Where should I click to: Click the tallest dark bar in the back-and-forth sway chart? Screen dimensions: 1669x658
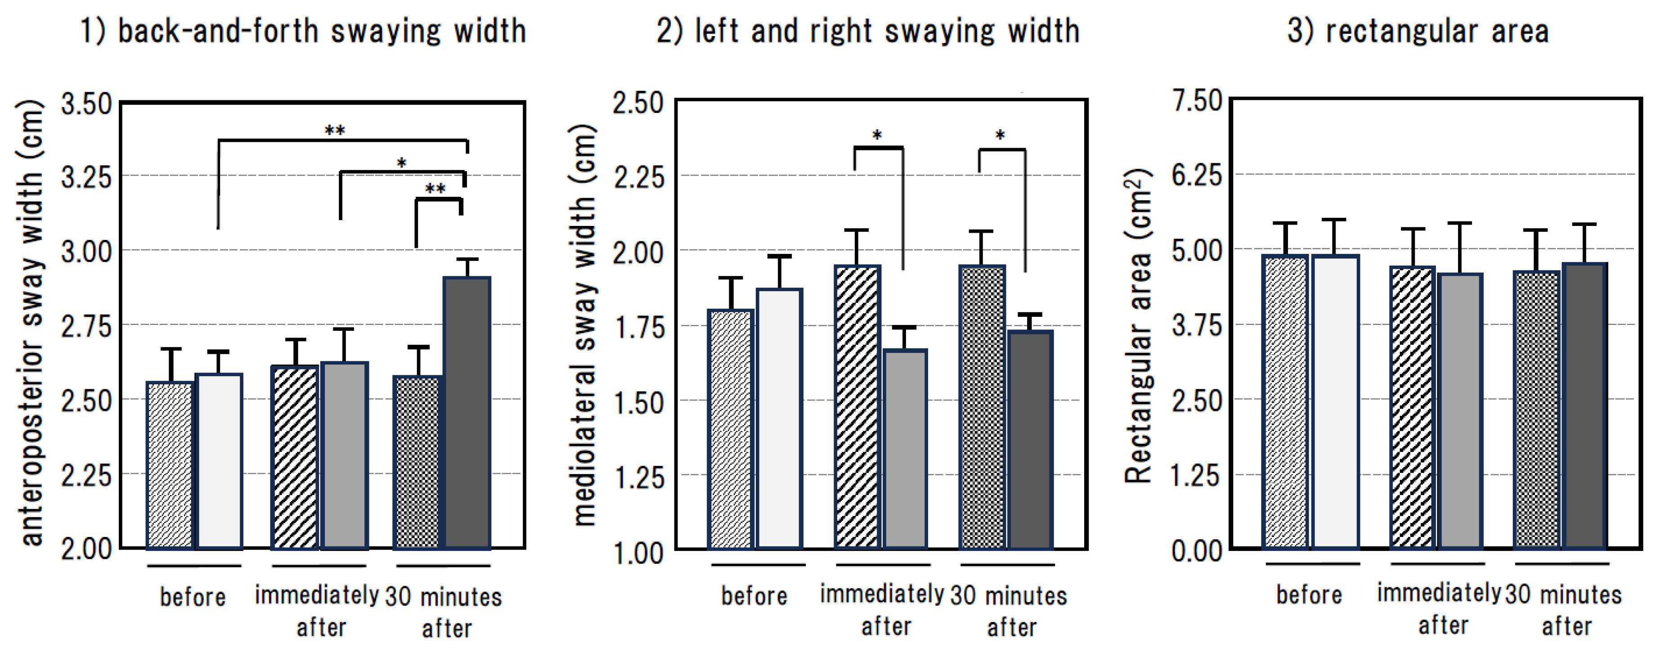coord(467,413)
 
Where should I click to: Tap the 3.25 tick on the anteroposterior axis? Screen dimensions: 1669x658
coord(86,177)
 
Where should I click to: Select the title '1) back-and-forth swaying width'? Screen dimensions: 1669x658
coord(303,31)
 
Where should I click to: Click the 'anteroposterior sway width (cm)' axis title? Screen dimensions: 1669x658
coord(31,323)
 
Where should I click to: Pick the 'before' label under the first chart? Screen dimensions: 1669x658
coord(193,596)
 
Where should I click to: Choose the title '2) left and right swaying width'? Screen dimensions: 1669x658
coord(868,31)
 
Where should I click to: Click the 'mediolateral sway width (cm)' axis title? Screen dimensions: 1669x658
coord(584,324)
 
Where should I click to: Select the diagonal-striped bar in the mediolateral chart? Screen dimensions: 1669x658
coord(857,407)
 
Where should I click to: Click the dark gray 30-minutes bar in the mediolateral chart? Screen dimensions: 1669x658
coord(1030,440)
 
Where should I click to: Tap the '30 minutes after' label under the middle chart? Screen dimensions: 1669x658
coord(1009,611)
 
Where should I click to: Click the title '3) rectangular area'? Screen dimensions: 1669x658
coord(1418,31)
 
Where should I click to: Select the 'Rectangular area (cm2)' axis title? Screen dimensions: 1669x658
coord(1138,326)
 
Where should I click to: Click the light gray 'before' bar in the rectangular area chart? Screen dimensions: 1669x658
coord(1335,402)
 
